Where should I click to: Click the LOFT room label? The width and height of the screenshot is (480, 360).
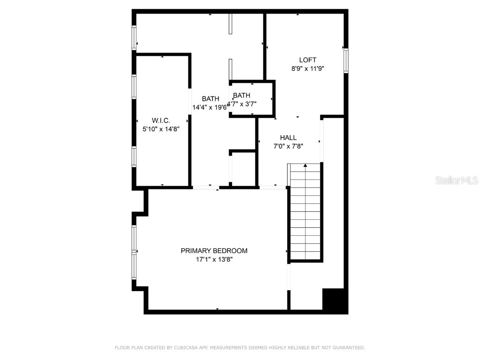point(307,60)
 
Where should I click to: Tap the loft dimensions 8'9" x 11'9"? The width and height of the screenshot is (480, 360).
point(307,68)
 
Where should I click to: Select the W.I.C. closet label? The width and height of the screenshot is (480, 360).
point(161,120)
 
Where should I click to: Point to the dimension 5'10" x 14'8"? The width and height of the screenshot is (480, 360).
point(161,128)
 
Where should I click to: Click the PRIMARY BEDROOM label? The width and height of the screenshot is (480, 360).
point(214,251)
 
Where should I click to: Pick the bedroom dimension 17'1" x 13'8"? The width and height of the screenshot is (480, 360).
point(214,259)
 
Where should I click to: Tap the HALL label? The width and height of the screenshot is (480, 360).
point(288,137)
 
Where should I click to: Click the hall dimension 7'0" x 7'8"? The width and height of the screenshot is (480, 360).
point(288,146)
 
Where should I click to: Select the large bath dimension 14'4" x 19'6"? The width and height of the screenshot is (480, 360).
point(210,107)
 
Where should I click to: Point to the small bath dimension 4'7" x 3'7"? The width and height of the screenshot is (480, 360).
point(248,104)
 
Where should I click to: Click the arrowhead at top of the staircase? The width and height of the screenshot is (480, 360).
point(305,165)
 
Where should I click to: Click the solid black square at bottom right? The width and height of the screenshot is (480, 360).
point(335,300)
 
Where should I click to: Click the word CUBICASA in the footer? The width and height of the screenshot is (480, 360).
point(187,348)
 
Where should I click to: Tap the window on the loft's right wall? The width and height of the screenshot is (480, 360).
point(346,60)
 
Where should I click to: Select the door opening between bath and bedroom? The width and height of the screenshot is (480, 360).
point(206,187)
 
